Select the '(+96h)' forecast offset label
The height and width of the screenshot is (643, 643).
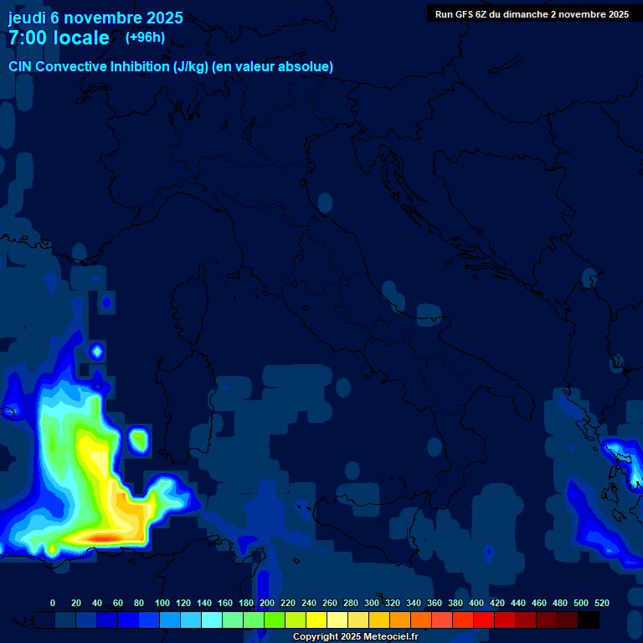[x=145, y=38]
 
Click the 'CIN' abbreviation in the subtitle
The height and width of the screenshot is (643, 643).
[x=21, y=66]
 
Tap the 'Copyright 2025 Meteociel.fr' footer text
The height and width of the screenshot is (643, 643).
[x=355, y=637]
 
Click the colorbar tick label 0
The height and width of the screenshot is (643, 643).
[x=53, y=603]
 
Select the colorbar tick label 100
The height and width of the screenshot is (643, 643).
[x=162, y=603]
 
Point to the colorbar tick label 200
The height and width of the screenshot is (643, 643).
[x=267, y=603]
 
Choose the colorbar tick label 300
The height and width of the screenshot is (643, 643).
[x=372, y=603]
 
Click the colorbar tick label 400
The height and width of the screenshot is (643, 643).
[x=476, y=603]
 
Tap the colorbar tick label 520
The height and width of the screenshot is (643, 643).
[x=601, y=603]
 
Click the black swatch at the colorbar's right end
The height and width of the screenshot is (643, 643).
[x=589, y=620]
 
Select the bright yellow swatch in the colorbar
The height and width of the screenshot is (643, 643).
[x=316, y=620]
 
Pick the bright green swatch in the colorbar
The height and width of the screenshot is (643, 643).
[x=275, y=620]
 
